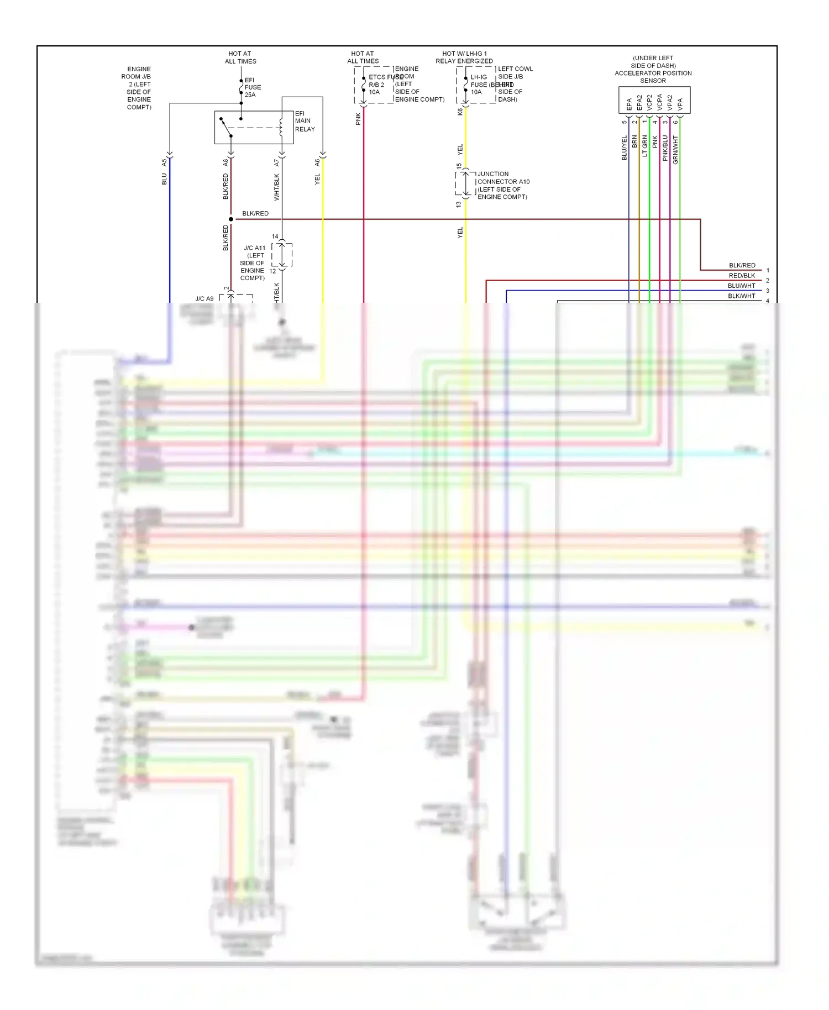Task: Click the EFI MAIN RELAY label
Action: (305, 121)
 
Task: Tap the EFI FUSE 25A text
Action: (253, 87)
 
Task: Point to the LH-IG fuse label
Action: (479, 85)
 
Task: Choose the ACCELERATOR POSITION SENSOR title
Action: (653, 69)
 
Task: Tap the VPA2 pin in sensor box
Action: (670, 103)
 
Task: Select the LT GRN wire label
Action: (644, 146)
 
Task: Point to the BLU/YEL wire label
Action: (625, 148)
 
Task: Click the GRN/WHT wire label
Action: (675, 150)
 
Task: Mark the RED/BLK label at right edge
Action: (742, 276)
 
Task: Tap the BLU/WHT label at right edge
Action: (741, 286)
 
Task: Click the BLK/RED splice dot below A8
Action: (231, 219)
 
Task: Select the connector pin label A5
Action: (164, 162)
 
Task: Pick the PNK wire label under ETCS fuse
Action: (358, 119)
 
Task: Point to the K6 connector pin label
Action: (460, 112)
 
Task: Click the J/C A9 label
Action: (204, 299)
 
